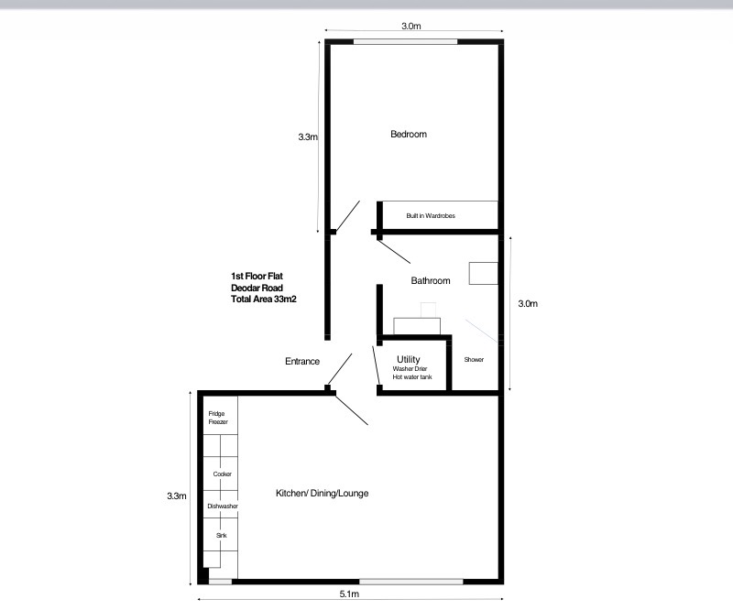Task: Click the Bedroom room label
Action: [409, 134]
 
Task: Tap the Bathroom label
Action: [431, 280]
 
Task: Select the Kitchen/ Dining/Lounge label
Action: [323, 493]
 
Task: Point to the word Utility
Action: [408, 359]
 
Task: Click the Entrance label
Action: [302, 361]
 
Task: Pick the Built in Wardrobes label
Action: [431, 215]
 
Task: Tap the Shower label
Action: [474, 359]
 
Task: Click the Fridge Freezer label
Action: [218, 418]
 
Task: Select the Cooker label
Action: [222, 474]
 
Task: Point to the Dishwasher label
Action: [223, 507]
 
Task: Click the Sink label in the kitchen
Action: [222, 535]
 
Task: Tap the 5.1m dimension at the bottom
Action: [349, 594]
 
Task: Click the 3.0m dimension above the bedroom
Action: [410, 27]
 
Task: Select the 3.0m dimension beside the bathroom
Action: [528, 303]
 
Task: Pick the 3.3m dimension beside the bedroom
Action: [308, 137]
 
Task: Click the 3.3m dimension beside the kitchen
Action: [177, 496]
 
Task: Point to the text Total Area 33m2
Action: [264, 300]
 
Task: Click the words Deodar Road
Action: [257, 288]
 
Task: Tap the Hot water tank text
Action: [412, 376]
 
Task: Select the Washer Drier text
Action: [410, 368]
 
